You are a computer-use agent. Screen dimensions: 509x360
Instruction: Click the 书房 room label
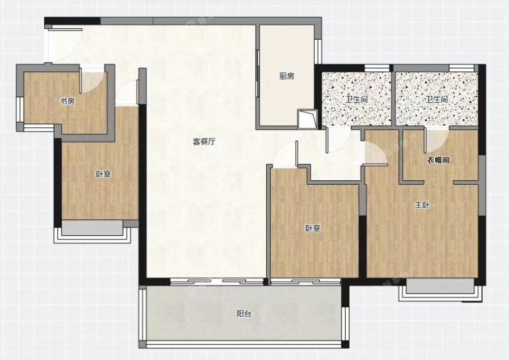coord(68,101)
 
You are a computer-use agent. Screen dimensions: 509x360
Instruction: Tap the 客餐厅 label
coord(204,142)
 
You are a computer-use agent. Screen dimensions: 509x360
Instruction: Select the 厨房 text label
coord(287,76)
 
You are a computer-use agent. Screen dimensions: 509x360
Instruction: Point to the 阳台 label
coord(244,314)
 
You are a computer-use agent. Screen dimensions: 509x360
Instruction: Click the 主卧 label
coord(422,205)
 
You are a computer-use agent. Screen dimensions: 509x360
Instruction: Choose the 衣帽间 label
coord(438,160)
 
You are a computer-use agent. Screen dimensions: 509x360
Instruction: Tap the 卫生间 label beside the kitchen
coord(356,99)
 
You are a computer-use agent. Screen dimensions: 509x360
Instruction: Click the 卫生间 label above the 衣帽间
coord(437,99)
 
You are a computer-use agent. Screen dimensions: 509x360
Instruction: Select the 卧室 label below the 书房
coord(103,174)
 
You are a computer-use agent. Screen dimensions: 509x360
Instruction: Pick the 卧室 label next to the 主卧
coord(313,229)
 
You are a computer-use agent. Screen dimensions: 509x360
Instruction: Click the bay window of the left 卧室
coord(93,231)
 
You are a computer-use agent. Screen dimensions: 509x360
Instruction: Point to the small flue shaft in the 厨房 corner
coord(307,119)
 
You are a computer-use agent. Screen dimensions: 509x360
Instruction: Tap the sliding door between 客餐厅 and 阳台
coord(217,282)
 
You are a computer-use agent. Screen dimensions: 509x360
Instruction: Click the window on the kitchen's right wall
coord(318,51)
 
